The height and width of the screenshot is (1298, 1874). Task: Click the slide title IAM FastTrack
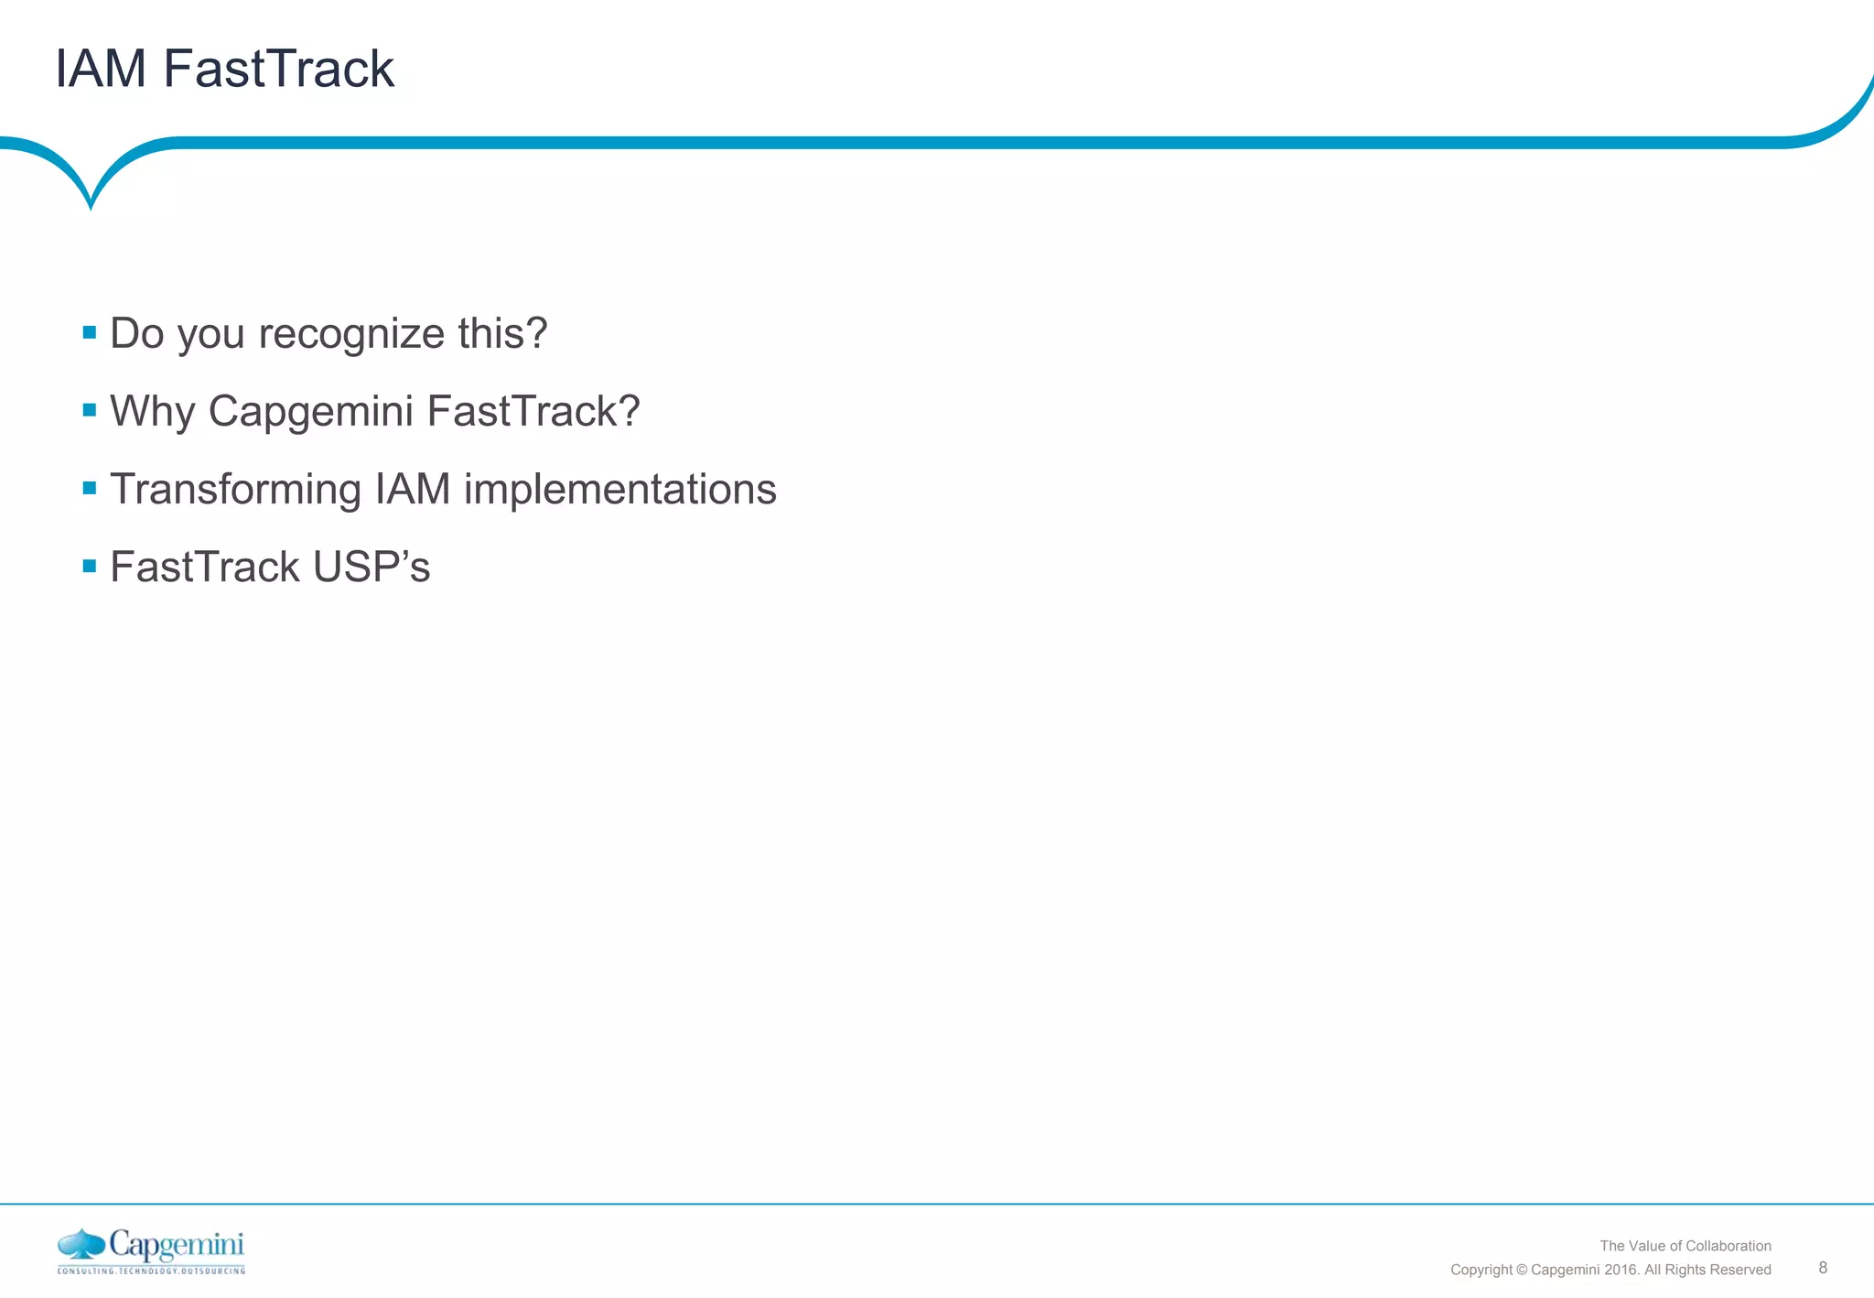click(224, 69)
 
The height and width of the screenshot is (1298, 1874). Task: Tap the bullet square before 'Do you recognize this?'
click(90, 332)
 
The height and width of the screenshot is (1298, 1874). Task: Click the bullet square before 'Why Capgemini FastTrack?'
click(90, 410)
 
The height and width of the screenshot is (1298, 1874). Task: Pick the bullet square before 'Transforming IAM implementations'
click(90, 488)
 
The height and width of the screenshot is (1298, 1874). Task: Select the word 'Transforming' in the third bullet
click(235, 490)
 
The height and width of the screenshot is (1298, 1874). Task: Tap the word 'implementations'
click(619, 490)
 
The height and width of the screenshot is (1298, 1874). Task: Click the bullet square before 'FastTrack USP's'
click(90, 566)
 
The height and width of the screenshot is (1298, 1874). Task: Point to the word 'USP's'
click(371, 567)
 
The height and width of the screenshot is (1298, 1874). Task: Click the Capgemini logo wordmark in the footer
click(177, 1246)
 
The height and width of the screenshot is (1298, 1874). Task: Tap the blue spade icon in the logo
click(81, 1245)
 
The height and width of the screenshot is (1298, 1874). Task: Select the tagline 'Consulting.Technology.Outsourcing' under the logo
click(151, 1271)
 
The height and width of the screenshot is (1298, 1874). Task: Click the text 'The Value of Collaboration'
click(1685, 1246)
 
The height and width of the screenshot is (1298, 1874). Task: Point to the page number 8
click(1823, 1268)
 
